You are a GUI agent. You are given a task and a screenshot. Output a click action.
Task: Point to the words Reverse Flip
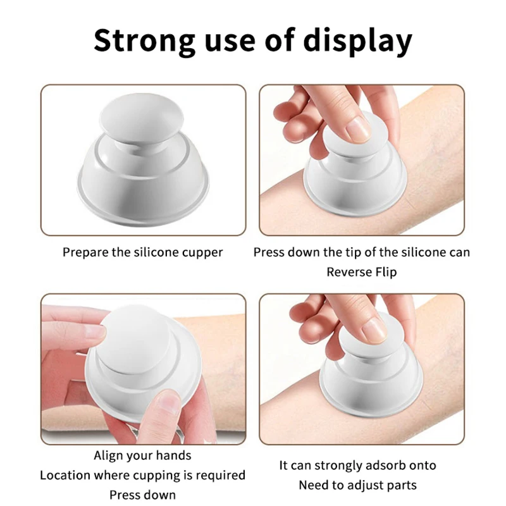361,272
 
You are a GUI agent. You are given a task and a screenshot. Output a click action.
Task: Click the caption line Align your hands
142,455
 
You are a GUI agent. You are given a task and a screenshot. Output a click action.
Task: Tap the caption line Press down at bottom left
142,494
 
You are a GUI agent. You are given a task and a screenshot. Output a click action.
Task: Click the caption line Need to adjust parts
358,485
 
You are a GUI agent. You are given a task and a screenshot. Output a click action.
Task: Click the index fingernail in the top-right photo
358,130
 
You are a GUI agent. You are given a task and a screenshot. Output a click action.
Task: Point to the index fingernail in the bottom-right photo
374,331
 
